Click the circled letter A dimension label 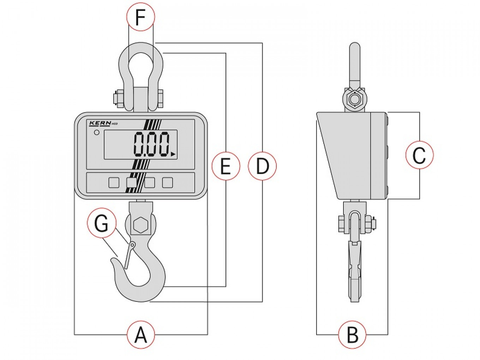coord(140,334)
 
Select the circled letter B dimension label coord(352,334)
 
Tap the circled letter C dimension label coord(419,155)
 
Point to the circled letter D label coord(262,166)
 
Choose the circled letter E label coord(226,166)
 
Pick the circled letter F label coord(140,18)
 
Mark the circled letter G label coord(102,223)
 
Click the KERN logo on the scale coord(100,123)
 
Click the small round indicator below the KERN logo coord(97,133)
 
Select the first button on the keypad coord(114,182)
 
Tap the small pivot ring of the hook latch coord(132,245)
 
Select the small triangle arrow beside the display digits coord(173,154)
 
